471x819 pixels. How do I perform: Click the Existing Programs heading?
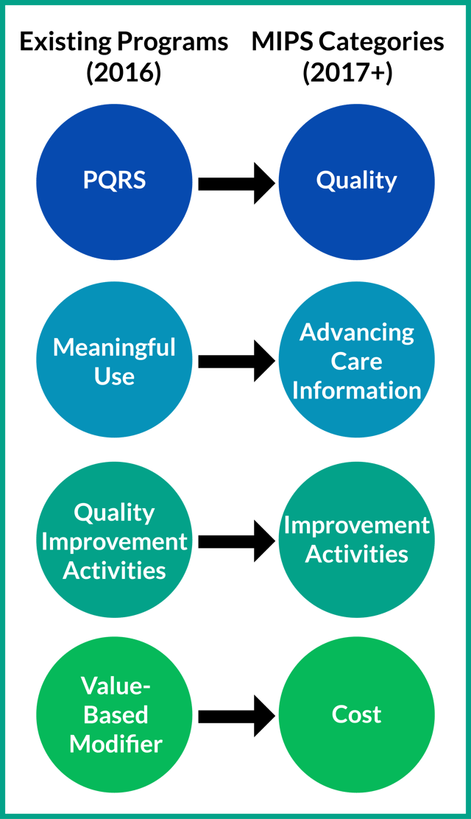124,43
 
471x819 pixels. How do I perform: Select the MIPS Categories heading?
347,43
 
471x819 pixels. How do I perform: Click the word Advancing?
357,333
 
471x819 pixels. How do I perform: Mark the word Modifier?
116,744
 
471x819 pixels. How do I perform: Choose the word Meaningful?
115,348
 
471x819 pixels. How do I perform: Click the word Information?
357,390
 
